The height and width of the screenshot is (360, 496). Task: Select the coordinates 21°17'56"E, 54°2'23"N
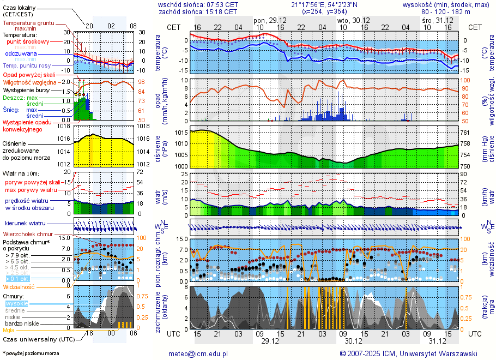click(324, 4)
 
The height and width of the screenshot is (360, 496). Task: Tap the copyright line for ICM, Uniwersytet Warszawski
click(408, 353)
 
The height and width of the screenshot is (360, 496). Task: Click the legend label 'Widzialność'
click(19, 286)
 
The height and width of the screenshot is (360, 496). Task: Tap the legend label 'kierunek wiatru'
click(25, 224)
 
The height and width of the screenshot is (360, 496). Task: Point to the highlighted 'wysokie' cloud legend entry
click(16, 303)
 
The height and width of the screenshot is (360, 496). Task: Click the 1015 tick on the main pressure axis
click(181, 133)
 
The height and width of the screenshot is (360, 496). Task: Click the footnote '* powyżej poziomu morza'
click(31, 353)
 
